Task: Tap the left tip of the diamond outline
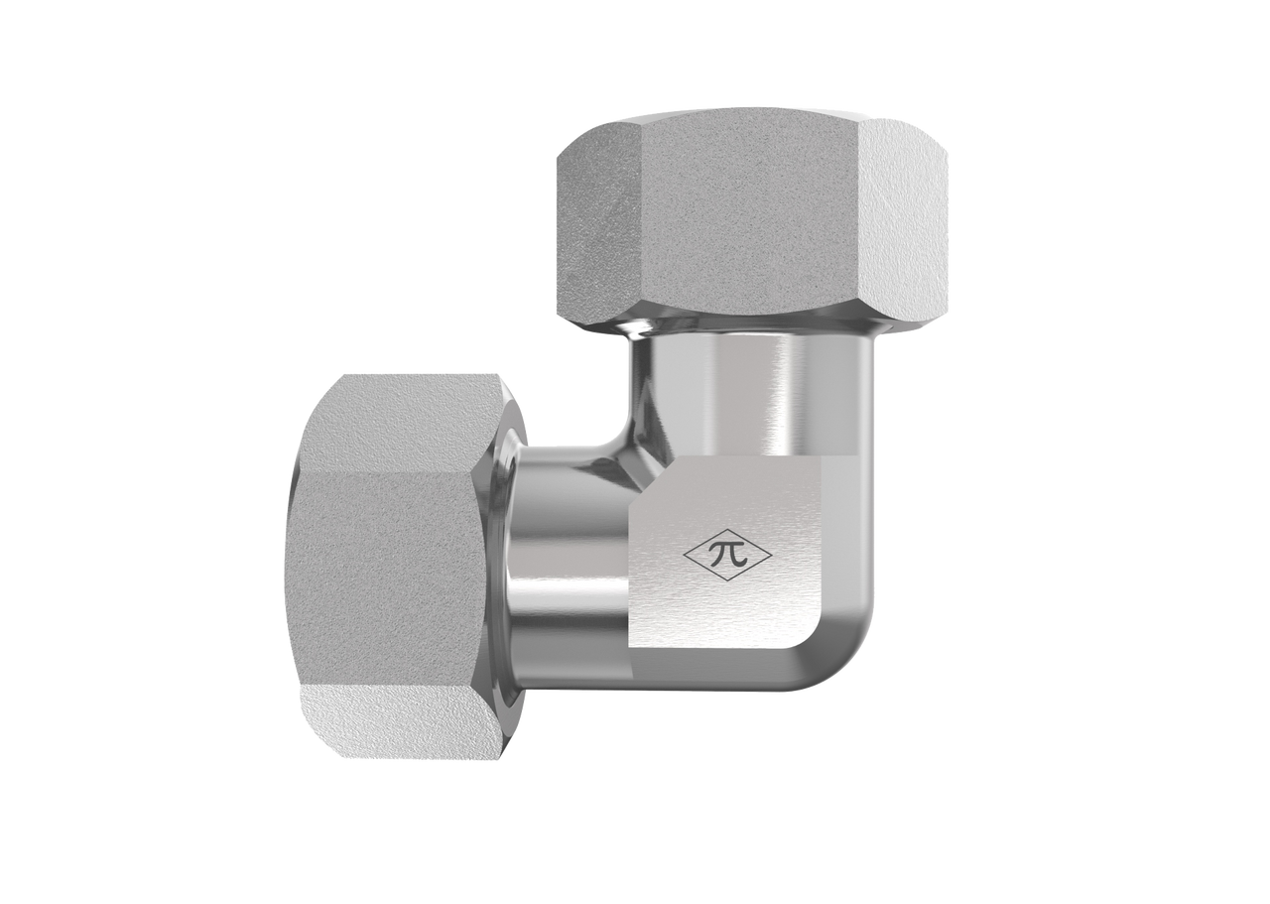(685, 557)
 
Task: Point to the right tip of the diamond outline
(780, 557)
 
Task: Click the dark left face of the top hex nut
(598, 227)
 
